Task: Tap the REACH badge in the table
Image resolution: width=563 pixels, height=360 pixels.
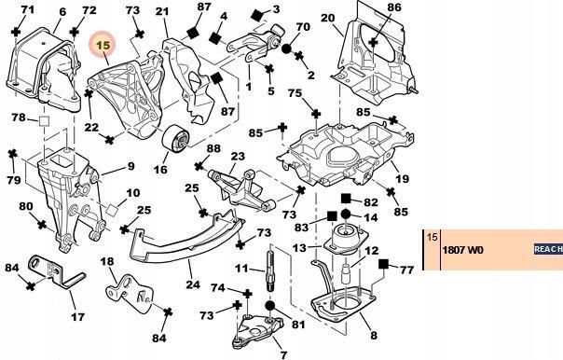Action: click(x=546, y=250)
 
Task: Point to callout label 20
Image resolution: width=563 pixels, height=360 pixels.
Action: click(x=326, y=18)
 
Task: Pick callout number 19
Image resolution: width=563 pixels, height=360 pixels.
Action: click(x=403, y=179)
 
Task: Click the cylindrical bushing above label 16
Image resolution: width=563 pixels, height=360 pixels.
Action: click(x=177, y=142)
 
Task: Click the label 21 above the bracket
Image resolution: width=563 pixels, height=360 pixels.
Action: click(x=162, y=11)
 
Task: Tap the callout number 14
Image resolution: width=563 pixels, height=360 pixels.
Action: click(x=369, y=216)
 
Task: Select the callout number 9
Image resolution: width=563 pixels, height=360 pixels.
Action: click(x=130, y=167)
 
